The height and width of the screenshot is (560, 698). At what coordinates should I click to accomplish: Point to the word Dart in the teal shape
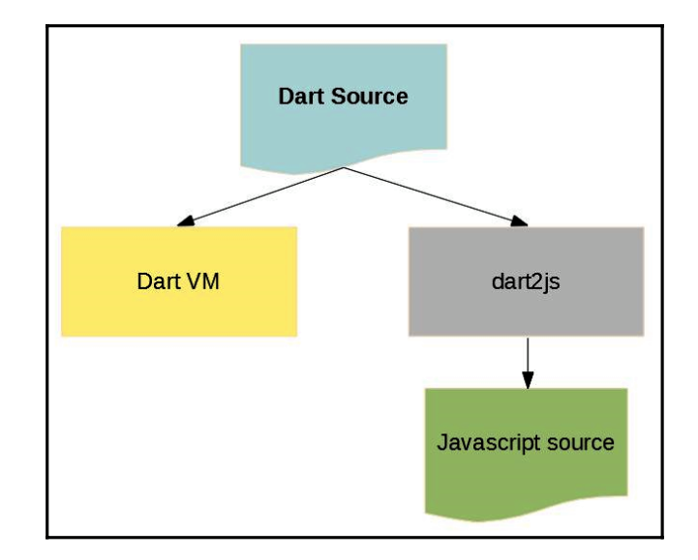[x=299, y=97]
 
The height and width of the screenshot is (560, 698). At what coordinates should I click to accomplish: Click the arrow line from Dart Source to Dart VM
[x=261, y=196]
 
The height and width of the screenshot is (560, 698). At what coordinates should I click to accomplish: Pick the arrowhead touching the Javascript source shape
[x=526, y=381]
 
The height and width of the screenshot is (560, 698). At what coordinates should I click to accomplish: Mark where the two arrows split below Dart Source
[x=344, y=167]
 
